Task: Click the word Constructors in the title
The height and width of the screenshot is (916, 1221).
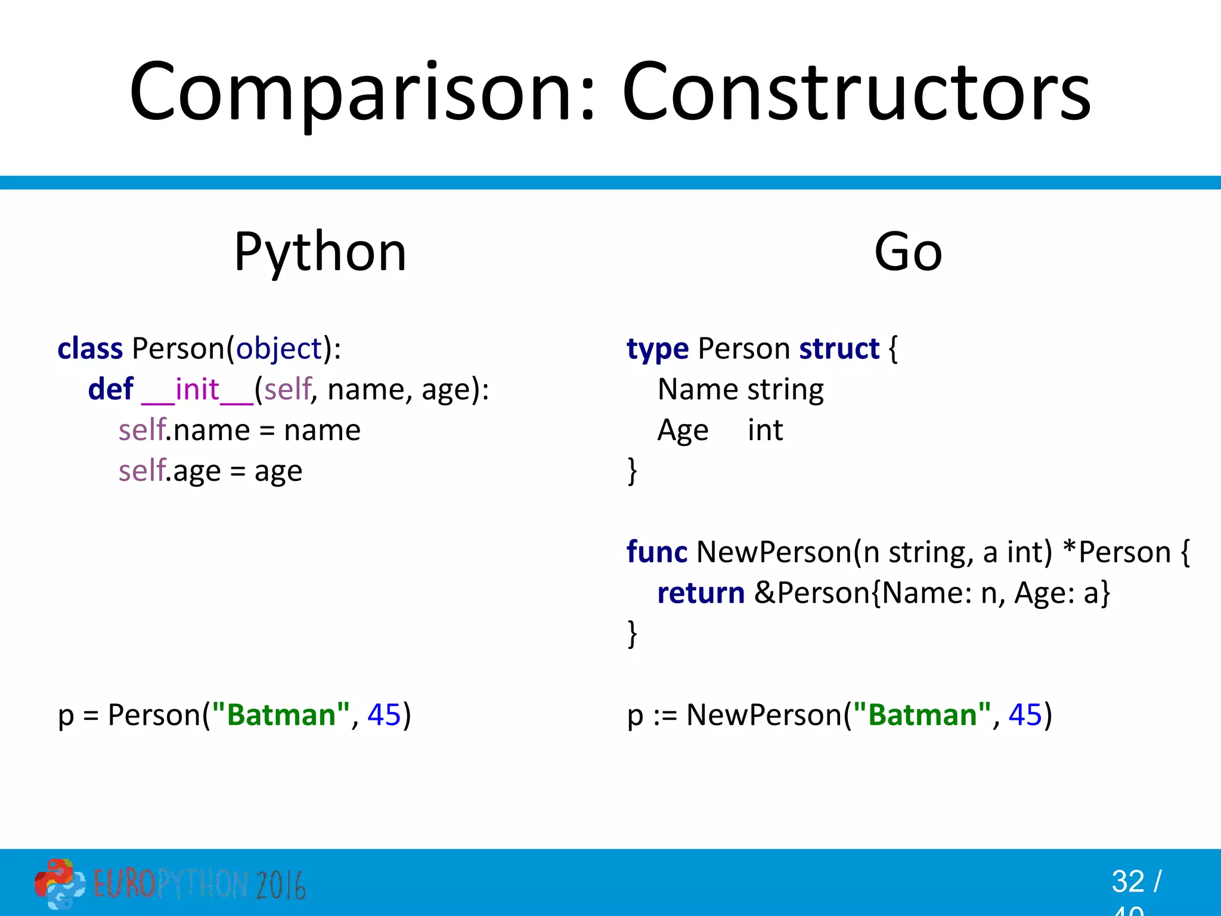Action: pyautogui.click(x=856, y=92)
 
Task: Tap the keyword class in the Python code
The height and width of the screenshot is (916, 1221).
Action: pyautogui.click(x=90, y=349)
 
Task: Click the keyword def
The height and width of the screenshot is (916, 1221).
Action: pyautogui.click(x=111, y=389)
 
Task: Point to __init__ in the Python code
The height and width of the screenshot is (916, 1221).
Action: pyautogui.click(x=197, y=391)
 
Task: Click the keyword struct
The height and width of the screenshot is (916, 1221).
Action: pyautogui.click(x=839, y=349)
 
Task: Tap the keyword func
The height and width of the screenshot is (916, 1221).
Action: pyautogui.click(x=656, y=552)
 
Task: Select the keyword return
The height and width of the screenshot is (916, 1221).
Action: pyautogui.click(x=701, y=593)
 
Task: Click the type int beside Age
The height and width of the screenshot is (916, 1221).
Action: pyautogui.click(x=765, y=431)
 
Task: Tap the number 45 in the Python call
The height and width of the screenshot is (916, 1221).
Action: pyautogui.click(x=384, y=714)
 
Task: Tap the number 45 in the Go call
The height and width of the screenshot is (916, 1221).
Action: pyautogui.click(x=1025, y=714)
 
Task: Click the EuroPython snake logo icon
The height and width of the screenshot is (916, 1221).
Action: pyautogui.click(x=58, y=883)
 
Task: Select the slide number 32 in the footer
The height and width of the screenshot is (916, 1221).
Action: pyautogui.click(x=1128, y=881)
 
